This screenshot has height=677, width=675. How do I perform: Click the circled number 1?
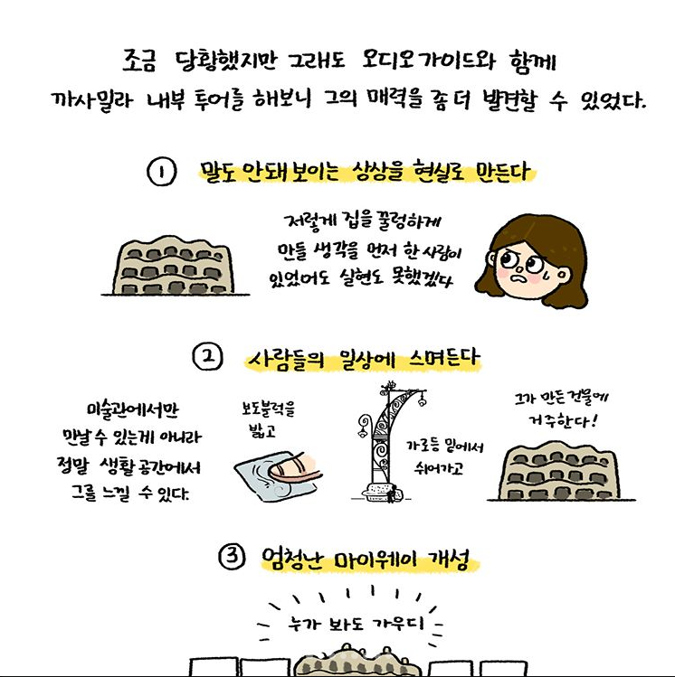point(162,172)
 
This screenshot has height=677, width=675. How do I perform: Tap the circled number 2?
point(208,357)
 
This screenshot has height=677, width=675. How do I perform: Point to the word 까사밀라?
point(92,100)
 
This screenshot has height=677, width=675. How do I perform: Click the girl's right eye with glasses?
point(535,264)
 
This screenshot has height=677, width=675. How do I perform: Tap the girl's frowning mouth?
point(518,277)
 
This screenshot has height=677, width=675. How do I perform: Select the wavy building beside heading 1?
point(174,266)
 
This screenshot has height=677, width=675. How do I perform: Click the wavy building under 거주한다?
point(560,472)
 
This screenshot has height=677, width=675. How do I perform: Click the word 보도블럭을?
point(269,408)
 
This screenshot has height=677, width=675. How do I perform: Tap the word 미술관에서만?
point(132,409)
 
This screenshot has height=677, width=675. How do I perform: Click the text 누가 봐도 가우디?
point(357,624)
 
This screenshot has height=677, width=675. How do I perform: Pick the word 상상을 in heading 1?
point(377,172)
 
